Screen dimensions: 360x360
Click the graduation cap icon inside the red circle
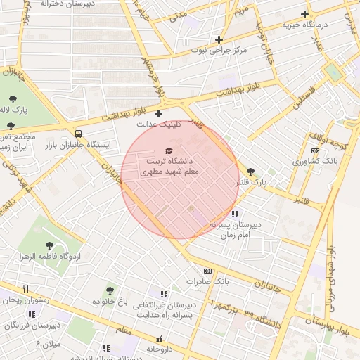pos(168,150)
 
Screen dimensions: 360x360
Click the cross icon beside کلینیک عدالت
pos(158,113)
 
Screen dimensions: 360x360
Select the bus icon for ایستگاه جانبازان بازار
pos(78,134)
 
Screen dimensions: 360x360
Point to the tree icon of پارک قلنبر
pos(251,171)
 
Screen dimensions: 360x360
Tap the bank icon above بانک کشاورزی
pos(315,150)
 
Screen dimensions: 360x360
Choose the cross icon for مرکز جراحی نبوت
pos(219,39)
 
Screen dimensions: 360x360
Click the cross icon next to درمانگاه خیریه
pos(304,14)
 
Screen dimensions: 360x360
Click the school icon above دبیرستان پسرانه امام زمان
pos(235,214)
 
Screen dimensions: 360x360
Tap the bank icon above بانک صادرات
pos(207,271)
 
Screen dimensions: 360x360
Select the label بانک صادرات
pos(208,281)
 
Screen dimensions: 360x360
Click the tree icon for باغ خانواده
pos(110,290)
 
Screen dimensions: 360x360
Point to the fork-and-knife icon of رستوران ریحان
pos(26,288)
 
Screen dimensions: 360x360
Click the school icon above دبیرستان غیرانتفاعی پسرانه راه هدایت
pos(164,294)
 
